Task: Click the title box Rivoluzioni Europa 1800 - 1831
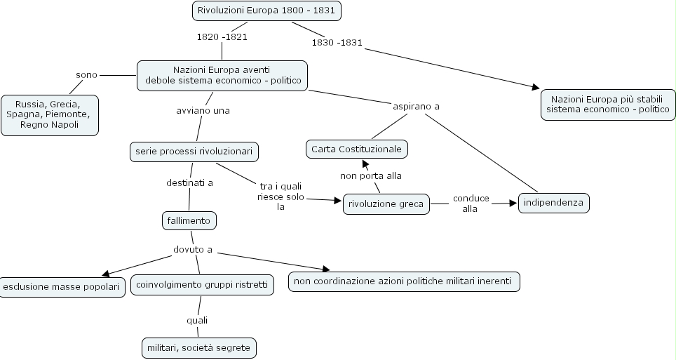click(266, 11)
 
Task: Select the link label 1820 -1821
click(222, 36)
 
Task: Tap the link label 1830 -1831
click(337, 42)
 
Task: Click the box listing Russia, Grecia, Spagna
click(49, 114)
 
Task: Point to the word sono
click(86, 74)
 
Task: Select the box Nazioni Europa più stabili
click(607, 104)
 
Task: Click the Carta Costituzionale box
click(356, 149)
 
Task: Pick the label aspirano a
click(416, 107)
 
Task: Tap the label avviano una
click(203, 110)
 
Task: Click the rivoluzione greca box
click(386, 204)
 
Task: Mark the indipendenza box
click(554, 204)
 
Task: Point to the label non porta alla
click(371, 175)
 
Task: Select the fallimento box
click(189, 220)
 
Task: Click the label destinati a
click(189, 182)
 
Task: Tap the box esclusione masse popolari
click(62, 286)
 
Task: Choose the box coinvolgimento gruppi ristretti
click(202, 285)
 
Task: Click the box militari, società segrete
click(198, 347)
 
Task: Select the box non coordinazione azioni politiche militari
click(404, 282)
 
